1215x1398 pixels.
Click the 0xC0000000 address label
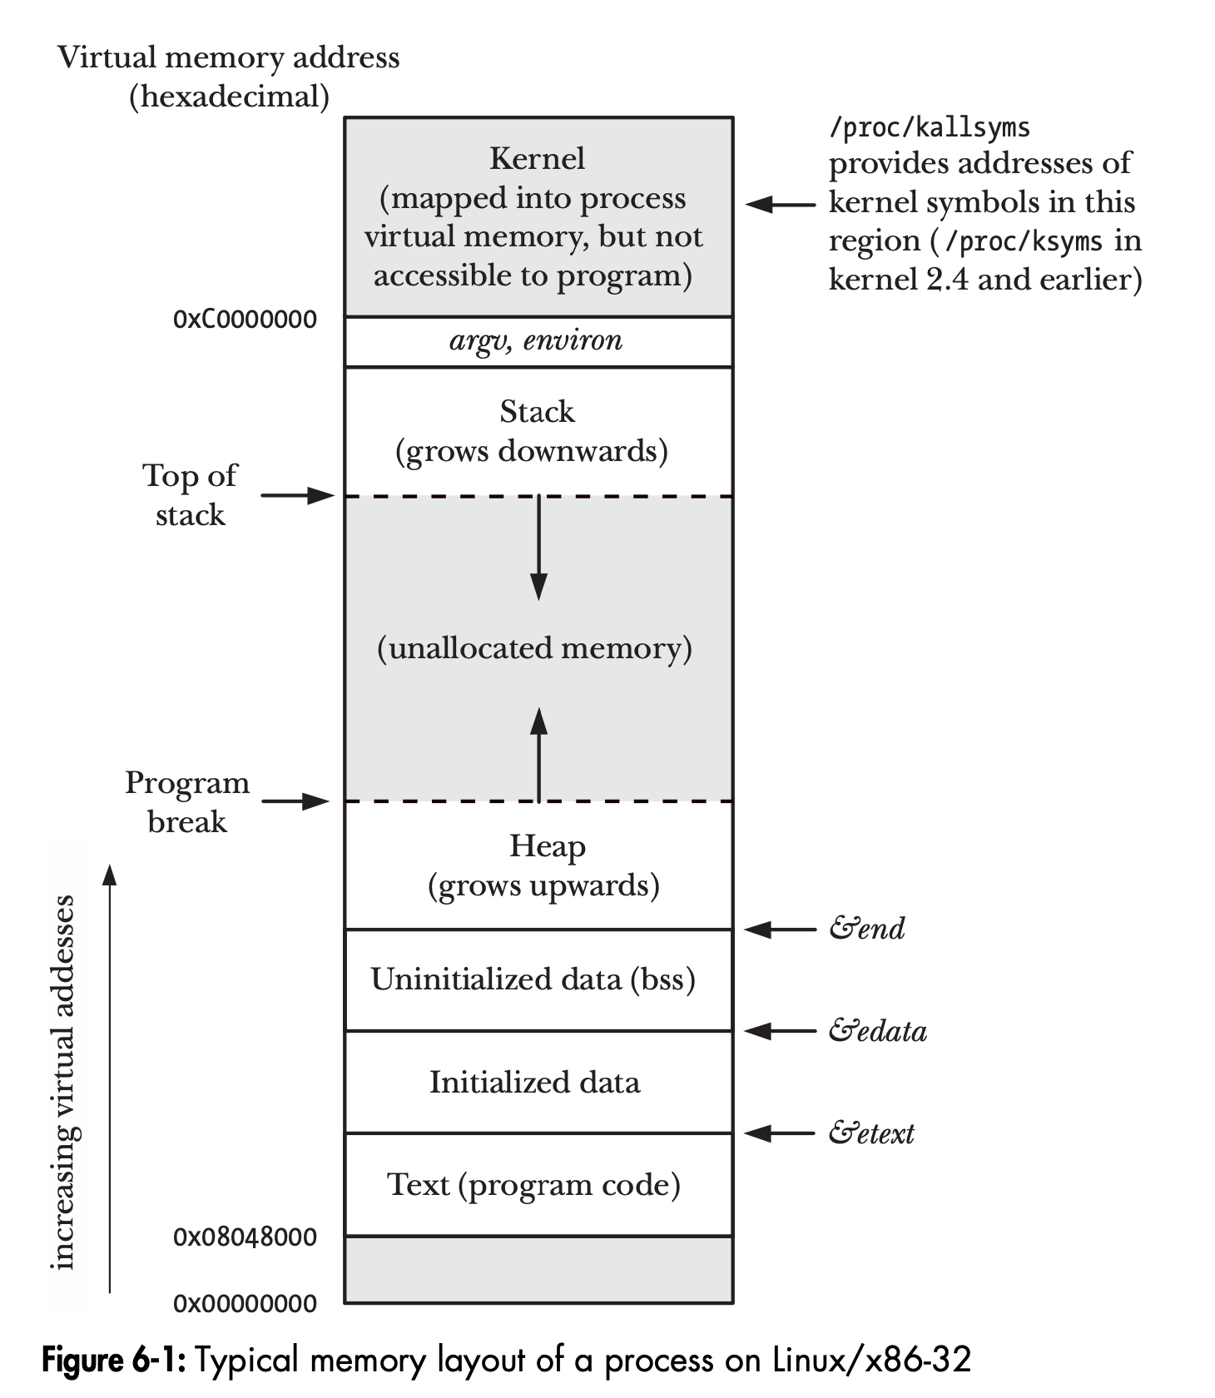[x=245, y=320]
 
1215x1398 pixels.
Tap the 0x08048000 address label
[x=245, y=1237]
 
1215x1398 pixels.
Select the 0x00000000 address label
[x=245, y=1303]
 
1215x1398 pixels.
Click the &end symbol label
[x=866, y=929]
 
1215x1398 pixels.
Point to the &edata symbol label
[x=877, y=1031]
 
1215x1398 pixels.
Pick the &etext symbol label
[x=871, y=1133]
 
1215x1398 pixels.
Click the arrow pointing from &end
[x=780, y=930]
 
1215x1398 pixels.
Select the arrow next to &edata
[x=780, y=1032]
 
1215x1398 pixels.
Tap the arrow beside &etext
[x=780, y=1133]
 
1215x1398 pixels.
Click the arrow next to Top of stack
[x=297, y=496]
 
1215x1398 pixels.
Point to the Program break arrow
[x=297, y=801]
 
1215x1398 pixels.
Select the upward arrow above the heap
[x=539, y=754]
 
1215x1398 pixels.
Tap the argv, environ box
[x=538, y=341]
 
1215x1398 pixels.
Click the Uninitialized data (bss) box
[x=533, y=979]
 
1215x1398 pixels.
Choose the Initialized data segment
[x=535, y=1082]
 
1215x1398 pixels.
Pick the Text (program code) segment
[x=534, y=1184]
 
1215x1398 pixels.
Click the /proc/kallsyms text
[x=930, y=127]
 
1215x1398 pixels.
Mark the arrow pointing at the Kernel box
[x=780, y=204]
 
